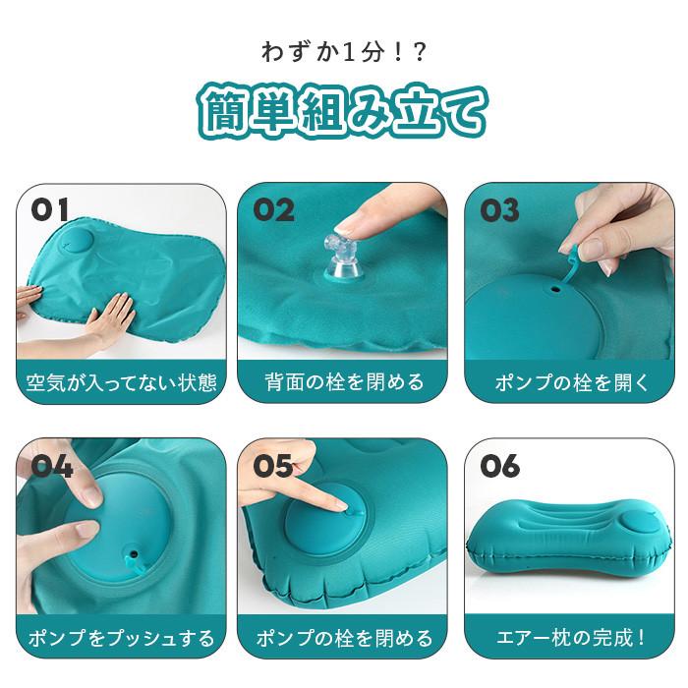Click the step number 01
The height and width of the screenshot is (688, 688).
[50, 210]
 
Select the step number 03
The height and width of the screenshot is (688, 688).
[499, 210]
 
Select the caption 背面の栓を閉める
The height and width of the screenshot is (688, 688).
[344, 380]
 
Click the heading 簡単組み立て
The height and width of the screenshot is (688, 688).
[343, 111]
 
